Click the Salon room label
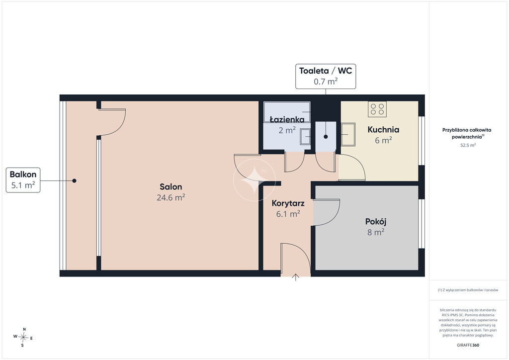tap(171, 186)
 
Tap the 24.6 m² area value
tap(171, 197)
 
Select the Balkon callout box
tap(23, 180)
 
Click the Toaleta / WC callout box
tap(326, 76)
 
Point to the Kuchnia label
tap(383, 129)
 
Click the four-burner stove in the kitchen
tap(377, 109)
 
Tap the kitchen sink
tap(348, 134)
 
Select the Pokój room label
tap(376, 221)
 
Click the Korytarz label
tap(288, 203)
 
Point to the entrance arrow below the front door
tap(295, 277)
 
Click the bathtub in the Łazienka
tap(287, 112)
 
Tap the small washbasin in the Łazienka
tap(305, 136)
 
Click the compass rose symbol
tap(23, 337)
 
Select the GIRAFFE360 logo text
tap(468, 345)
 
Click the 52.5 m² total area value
tap(468, 145)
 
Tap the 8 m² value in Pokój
tap(376, 232)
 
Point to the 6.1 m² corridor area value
tap(288, 214)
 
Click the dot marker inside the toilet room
tap(326, 137)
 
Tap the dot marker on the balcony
tap(75, 181)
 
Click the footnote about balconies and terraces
tap(468, 290)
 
